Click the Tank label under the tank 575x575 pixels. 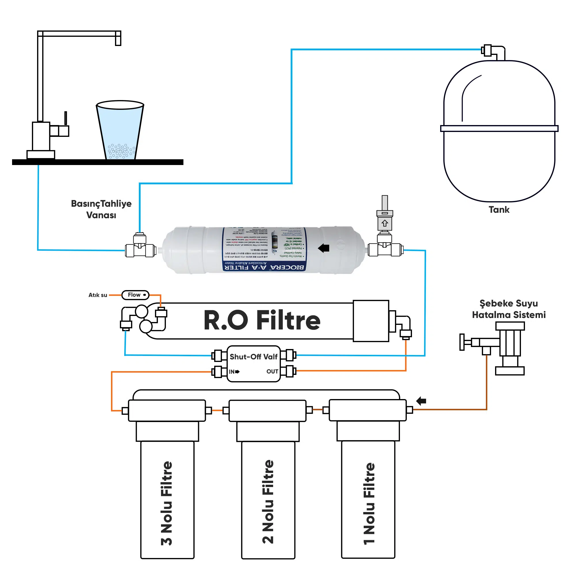coord(499,210)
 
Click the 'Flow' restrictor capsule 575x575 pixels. coord(135,295)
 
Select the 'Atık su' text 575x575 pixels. coord(98,295)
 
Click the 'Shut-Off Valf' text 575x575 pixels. coord(254,356)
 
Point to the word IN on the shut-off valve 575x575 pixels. coord(232,372)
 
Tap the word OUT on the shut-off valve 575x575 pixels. coord(272,371)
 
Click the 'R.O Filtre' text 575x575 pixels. coord(262,320)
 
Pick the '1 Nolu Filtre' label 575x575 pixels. coord(369,504)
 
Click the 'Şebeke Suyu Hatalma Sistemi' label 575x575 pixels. coord(509,309)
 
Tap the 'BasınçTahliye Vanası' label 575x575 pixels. coord(101,209)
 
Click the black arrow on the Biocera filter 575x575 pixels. coord(323,248)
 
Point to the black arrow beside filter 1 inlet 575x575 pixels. coord(421,401)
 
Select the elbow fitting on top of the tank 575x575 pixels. coord(495,52)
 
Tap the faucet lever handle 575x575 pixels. coord(66,118)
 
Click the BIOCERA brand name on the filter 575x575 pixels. coord(287,267)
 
